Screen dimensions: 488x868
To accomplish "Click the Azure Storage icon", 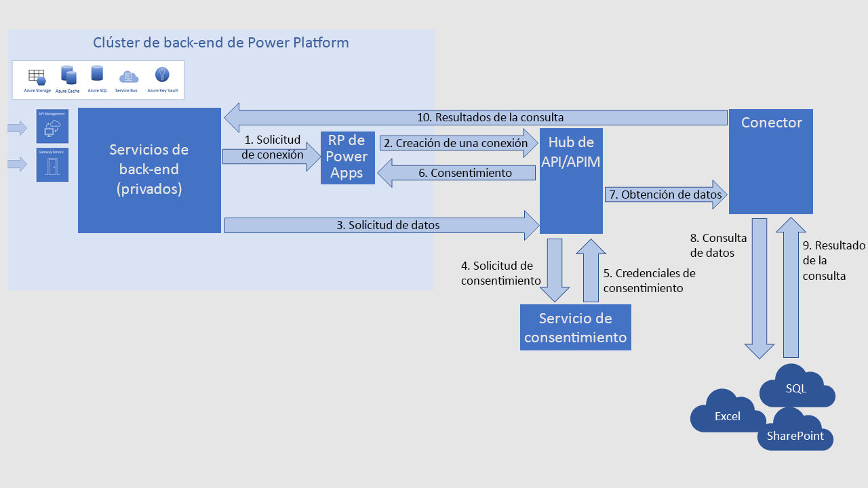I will pyautogui.click(x=37, y=76).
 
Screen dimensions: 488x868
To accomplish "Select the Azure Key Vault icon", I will pyautogui.click(x=162, y=75).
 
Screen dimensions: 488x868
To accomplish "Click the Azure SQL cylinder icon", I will pyautogui.click(x=97, y=74).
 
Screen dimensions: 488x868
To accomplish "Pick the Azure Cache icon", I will pyautogui.click(x=68, y=75).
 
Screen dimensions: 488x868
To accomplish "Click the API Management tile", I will pyautogui.click(x=52, y=126).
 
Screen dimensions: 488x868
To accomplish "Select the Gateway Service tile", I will pyautogui.click(x=52, y=165).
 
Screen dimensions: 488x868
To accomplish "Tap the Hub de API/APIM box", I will pyautogui.click(x=571, y=181).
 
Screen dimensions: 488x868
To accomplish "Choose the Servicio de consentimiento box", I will pyautogui.click(x=575, y=327).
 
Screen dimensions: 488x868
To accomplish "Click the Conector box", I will pyautogui.click(x=770, y=161).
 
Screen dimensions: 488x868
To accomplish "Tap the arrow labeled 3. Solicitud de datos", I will pyautogui.click(x=380, y=225).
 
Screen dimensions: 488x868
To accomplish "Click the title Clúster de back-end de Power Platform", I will pyautogui.click(x=220, y=43).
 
